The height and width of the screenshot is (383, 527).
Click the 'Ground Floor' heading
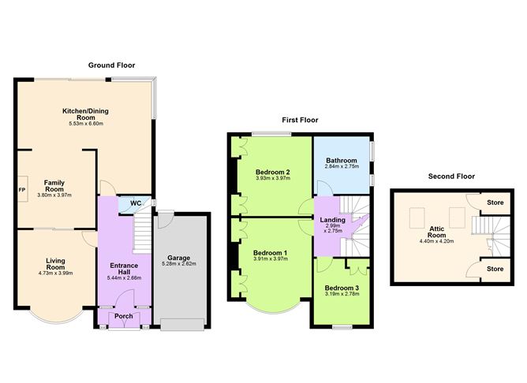click(111, 65)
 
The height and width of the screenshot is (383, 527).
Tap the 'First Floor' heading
click(300, 120)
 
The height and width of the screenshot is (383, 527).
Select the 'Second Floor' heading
click(451, 177)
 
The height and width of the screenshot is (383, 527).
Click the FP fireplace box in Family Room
click(23, 189)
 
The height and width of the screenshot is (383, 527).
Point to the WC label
click(136, 203)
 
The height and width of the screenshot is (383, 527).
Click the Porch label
click(123, 316)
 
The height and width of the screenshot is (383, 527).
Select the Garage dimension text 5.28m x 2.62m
click(179, 264)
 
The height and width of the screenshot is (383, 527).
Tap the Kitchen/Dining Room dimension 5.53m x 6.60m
click(86, 124)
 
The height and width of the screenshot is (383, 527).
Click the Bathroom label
click(342, 161)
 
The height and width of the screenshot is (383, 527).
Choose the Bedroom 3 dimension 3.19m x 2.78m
click(342, 294)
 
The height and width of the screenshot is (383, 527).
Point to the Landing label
click(332, 220)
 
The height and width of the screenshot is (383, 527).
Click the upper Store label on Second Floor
click(495, 203)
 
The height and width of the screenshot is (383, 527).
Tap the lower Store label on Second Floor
click(495, 269)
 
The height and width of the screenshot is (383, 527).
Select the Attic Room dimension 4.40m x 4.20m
click(436, 241)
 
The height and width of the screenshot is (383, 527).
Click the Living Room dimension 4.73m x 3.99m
click(55, 273)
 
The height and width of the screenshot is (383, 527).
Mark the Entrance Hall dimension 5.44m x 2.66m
click(124, 278)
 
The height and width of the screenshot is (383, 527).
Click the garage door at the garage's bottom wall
click(182, 325)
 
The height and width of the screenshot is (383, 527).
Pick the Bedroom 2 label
click(273, 173)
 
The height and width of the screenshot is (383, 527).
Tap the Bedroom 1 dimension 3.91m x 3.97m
click(271, 258)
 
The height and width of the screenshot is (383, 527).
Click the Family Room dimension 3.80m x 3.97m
click(54, 195)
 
